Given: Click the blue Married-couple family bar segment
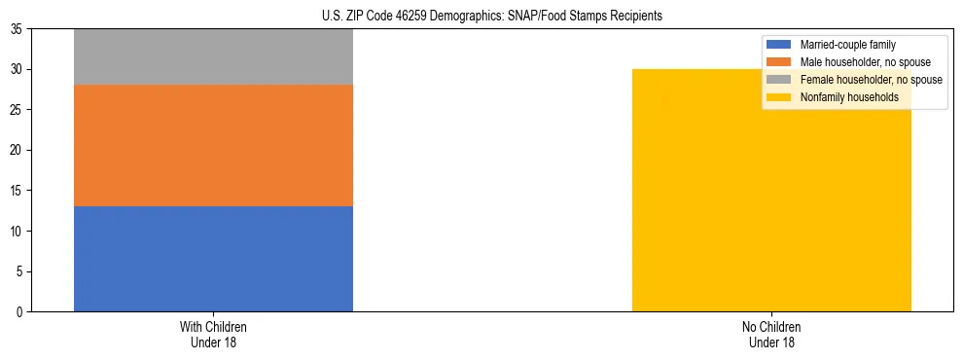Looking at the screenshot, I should click(x=213, y=259).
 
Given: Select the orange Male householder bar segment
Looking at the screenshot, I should click(x=213, y=146).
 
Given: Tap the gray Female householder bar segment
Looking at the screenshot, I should click(x=213, y=57).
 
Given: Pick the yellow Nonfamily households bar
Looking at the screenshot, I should click(x=771, y=190).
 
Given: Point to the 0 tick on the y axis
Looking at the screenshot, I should click(x=21, y=311).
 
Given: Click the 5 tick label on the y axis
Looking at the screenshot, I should click(x=21, y=271).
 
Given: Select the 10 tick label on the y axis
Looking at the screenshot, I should click(x=18, y=231).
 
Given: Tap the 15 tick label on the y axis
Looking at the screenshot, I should click(x=18, y=191).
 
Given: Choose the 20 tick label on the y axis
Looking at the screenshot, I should click(x=18, y=150).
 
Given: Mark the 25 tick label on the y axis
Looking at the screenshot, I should click(x=18, y=110).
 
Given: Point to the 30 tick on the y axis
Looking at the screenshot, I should click(x=18, y=69).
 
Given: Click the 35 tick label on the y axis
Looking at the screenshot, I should click(x=18, y=29).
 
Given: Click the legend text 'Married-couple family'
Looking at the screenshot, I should click(x=847, y=45).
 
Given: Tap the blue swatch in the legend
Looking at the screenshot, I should click(x=779, y=45).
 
